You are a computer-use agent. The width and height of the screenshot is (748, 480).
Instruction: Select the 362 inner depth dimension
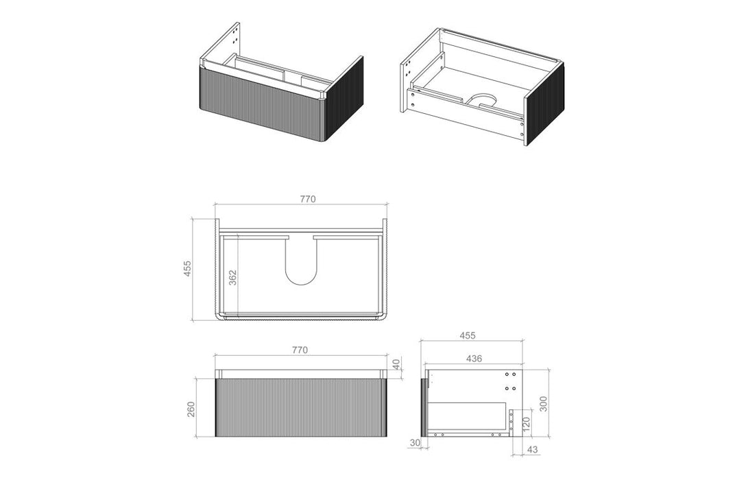[232, 277]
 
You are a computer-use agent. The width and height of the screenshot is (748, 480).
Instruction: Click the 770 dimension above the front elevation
[300, 350]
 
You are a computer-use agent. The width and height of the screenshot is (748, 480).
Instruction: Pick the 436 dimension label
[473, 358]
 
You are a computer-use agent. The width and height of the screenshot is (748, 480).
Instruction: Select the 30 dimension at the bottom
[414, 444]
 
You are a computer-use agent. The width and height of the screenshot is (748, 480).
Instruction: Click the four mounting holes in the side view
[510, 381]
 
